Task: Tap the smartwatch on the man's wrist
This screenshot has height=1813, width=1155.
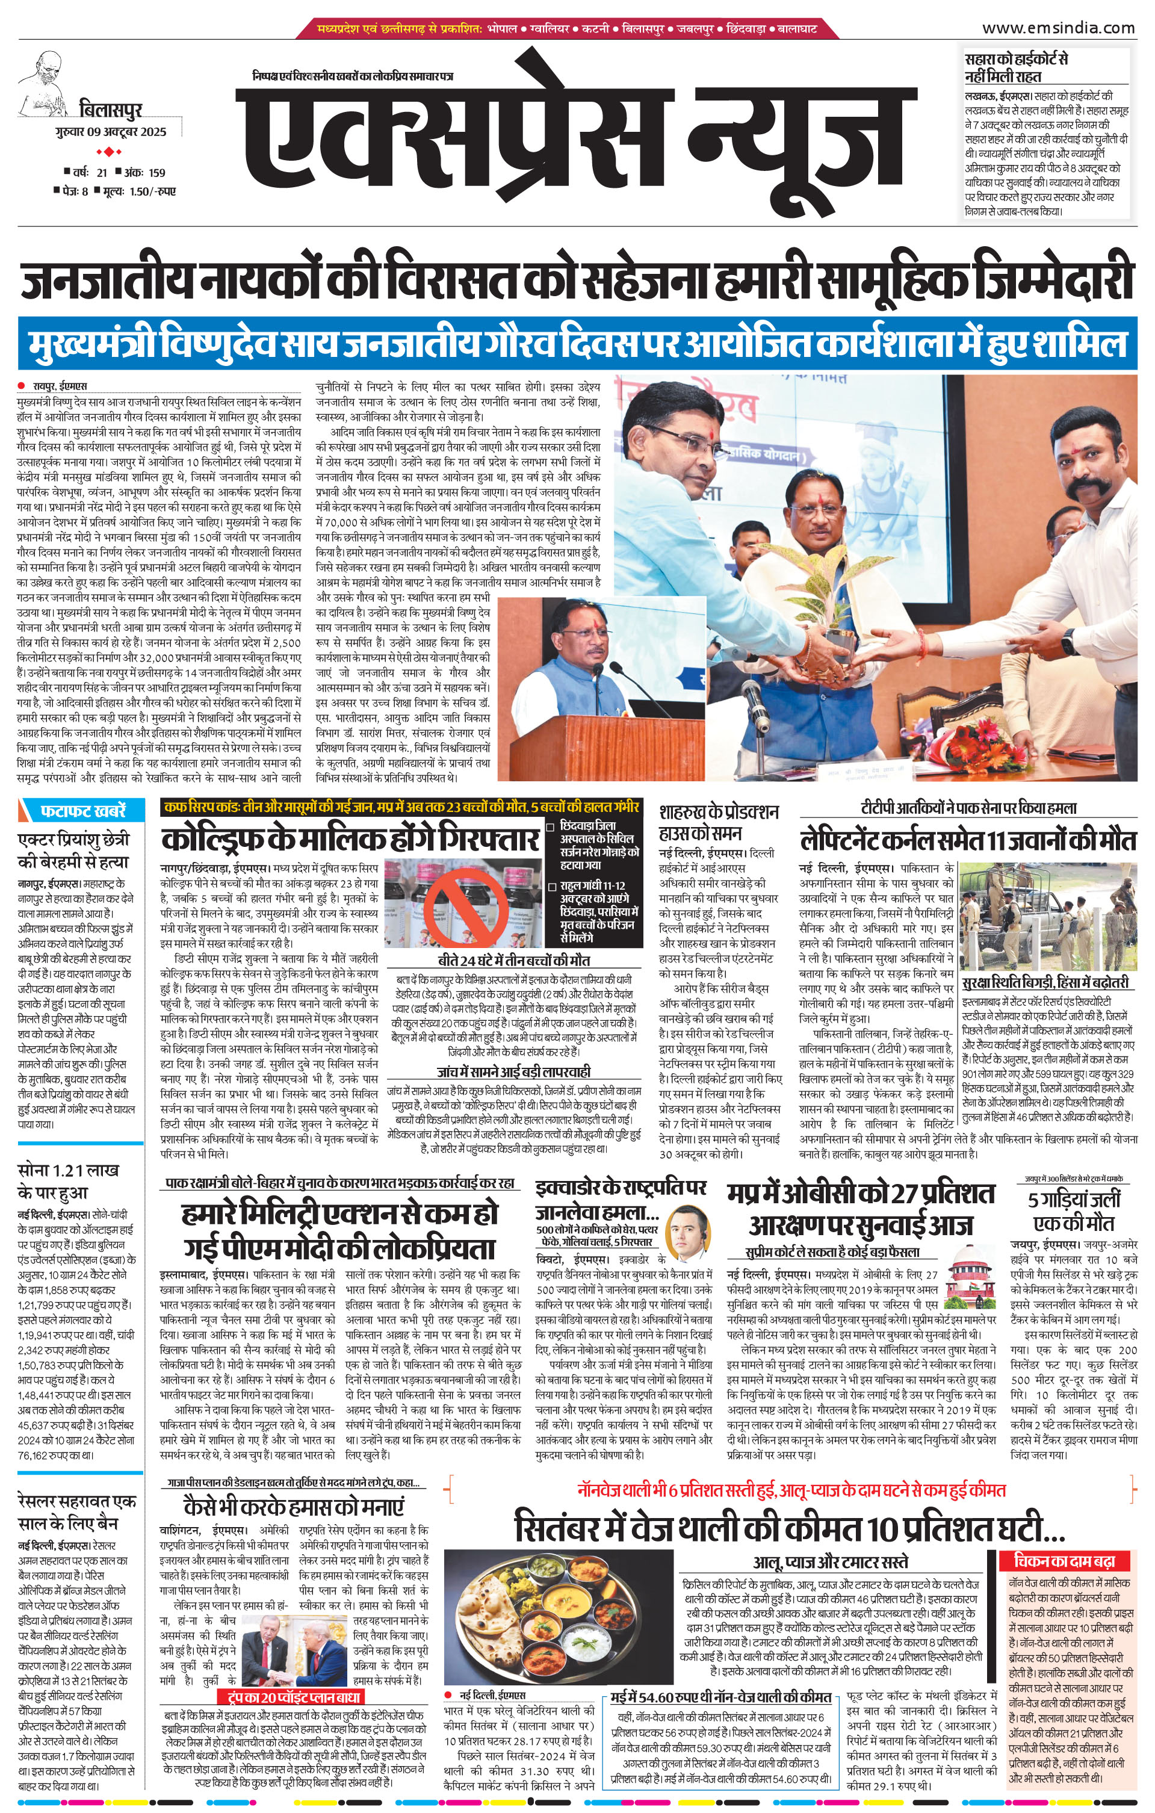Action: pos(1068,640)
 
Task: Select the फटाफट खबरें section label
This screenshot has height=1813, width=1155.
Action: pos(83,810)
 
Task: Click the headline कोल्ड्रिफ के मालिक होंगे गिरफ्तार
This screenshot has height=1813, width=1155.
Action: pos(350,838)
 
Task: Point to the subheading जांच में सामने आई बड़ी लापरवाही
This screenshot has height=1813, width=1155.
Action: pos(513,1071)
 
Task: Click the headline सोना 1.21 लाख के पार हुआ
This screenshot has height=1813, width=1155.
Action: pos(68,1182)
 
